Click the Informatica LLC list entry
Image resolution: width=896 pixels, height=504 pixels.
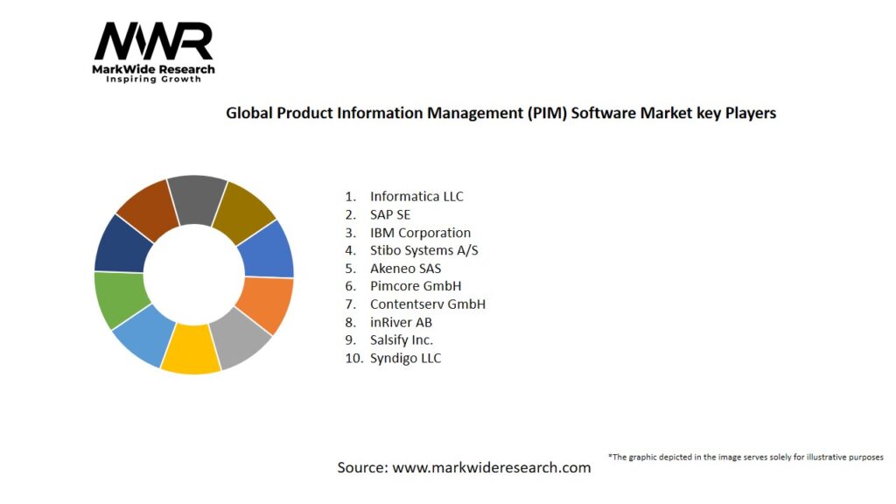[416, 197]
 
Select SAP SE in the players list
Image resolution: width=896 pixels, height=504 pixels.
[389, 214]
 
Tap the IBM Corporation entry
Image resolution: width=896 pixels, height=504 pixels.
[420, 233]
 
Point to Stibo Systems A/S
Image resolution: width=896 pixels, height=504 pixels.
[424, 250]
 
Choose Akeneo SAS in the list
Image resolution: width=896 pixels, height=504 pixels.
[406, 269]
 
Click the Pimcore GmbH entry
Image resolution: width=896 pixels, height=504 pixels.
[416, 286]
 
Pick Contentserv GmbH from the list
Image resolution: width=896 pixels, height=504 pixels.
[427, 304]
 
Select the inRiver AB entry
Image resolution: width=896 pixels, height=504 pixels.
[401, 322]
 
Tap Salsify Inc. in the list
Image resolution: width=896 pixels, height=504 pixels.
[402, 339]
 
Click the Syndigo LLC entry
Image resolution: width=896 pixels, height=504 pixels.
[405, 358]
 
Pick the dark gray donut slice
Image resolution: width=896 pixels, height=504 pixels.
[198, 199]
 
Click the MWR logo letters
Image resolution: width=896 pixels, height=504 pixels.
[153, 42]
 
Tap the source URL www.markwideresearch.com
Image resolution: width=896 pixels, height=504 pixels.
[492, 467]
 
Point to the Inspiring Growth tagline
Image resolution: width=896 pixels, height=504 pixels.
[153, 80]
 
